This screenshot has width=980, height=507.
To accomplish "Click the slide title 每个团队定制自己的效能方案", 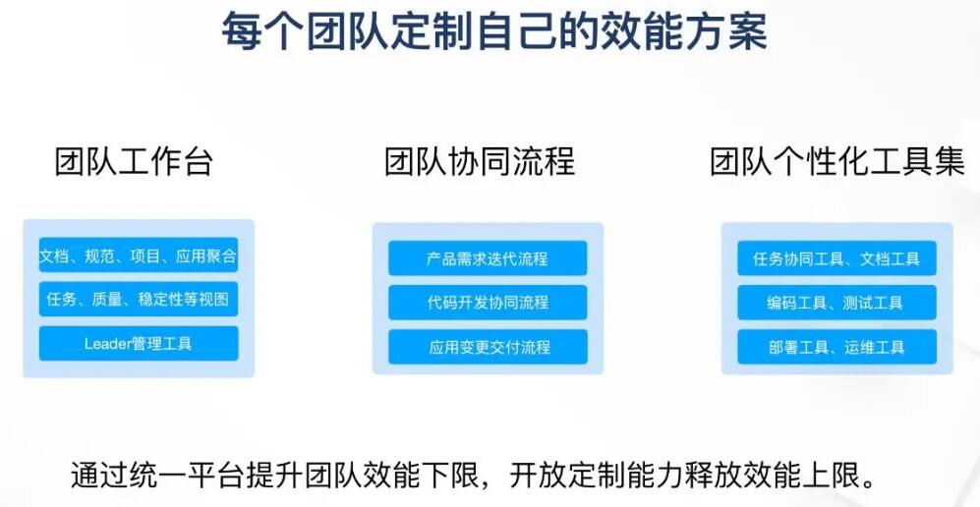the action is [494, 30].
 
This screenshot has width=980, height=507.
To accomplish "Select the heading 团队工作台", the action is [135, 161].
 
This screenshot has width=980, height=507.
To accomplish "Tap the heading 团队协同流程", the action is [480, 161].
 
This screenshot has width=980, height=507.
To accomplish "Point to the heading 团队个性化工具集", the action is [837, 161].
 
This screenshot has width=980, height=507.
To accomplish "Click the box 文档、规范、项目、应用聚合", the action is [139, 255].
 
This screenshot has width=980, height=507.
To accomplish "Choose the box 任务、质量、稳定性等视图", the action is [139, 299].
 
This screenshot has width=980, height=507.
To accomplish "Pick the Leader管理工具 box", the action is [139, 344].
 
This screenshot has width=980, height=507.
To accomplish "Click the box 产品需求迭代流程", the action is [488, 258].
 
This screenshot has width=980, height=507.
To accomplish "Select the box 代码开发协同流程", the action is [488, 303].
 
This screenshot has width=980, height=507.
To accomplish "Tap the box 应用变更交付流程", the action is [488, 347].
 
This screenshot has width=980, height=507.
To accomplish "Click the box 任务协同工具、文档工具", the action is [836, 258].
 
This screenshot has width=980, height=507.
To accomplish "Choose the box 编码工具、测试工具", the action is [836, 303].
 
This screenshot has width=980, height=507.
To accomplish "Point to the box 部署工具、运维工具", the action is [836, 347].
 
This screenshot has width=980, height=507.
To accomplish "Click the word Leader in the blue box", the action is [109, 344].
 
